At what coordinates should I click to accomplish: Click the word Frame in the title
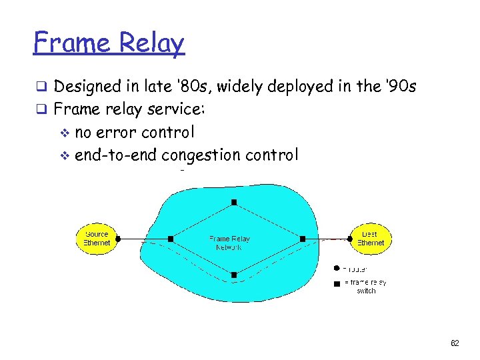click(73, 43)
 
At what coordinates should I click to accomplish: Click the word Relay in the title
click(152, 43)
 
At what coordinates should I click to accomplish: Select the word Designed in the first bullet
click(89, 87)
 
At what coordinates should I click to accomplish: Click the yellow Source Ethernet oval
click(97, 239)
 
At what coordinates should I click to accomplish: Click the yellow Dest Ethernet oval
click(370, 239)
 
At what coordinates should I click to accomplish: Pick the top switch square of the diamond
click(234, 202)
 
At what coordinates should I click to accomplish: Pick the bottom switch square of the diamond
click(234, 275)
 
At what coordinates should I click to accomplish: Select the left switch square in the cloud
click(171, 239)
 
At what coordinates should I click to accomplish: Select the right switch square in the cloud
click(302, 239)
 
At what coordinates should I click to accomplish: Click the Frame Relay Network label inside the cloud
click(229, 243)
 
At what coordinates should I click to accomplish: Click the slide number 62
click(455, 343)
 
